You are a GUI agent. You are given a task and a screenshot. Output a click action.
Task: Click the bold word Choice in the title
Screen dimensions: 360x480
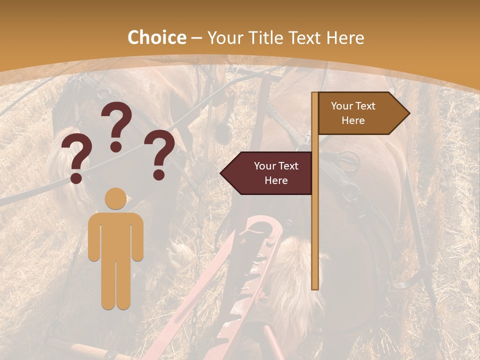(x=156, y=37)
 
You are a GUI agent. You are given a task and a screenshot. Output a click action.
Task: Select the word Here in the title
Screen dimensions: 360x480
(x=345, y=37)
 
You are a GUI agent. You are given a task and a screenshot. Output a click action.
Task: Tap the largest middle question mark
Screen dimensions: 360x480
(x=116, y=125)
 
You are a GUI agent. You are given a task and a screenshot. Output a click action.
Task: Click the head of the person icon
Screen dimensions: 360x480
(x=115, y=198)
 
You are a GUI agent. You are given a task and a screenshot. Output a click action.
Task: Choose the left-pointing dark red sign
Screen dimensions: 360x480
(x=267, y=173)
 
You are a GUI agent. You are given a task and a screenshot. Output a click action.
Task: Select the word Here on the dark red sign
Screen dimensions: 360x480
(x=276, y=180)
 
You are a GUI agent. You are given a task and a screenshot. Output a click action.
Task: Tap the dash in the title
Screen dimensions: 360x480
(x=196, y=38)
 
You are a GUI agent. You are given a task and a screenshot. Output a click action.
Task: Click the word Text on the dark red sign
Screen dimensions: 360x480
(x=287, y=166)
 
